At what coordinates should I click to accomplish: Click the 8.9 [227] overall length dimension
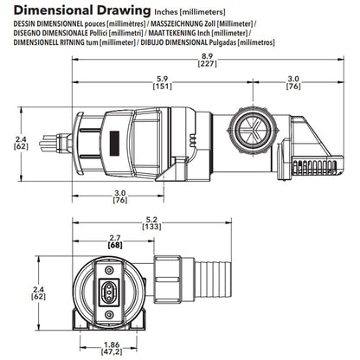(207, 60)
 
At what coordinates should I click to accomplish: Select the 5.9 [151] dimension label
(162, 82)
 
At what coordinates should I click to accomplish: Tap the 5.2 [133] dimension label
(151, 223)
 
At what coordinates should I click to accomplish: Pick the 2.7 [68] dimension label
(115, 241)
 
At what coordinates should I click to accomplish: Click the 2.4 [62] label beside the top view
(21, 143)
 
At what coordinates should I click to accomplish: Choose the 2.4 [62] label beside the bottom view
(38, 292)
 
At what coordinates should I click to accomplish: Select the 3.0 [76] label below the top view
(120, 196)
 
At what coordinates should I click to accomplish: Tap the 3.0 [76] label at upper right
(293, 82)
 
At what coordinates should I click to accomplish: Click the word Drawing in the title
(124, 10)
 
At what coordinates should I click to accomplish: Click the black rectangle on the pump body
(114, 143)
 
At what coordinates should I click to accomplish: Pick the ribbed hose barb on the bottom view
(214, 280)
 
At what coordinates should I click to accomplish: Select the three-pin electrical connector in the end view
(109, 292)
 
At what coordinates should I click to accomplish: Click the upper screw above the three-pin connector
(109, 270)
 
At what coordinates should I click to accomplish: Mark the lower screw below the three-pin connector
(109, 314)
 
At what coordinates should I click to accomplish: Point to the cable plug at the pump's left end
(55, 143)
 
